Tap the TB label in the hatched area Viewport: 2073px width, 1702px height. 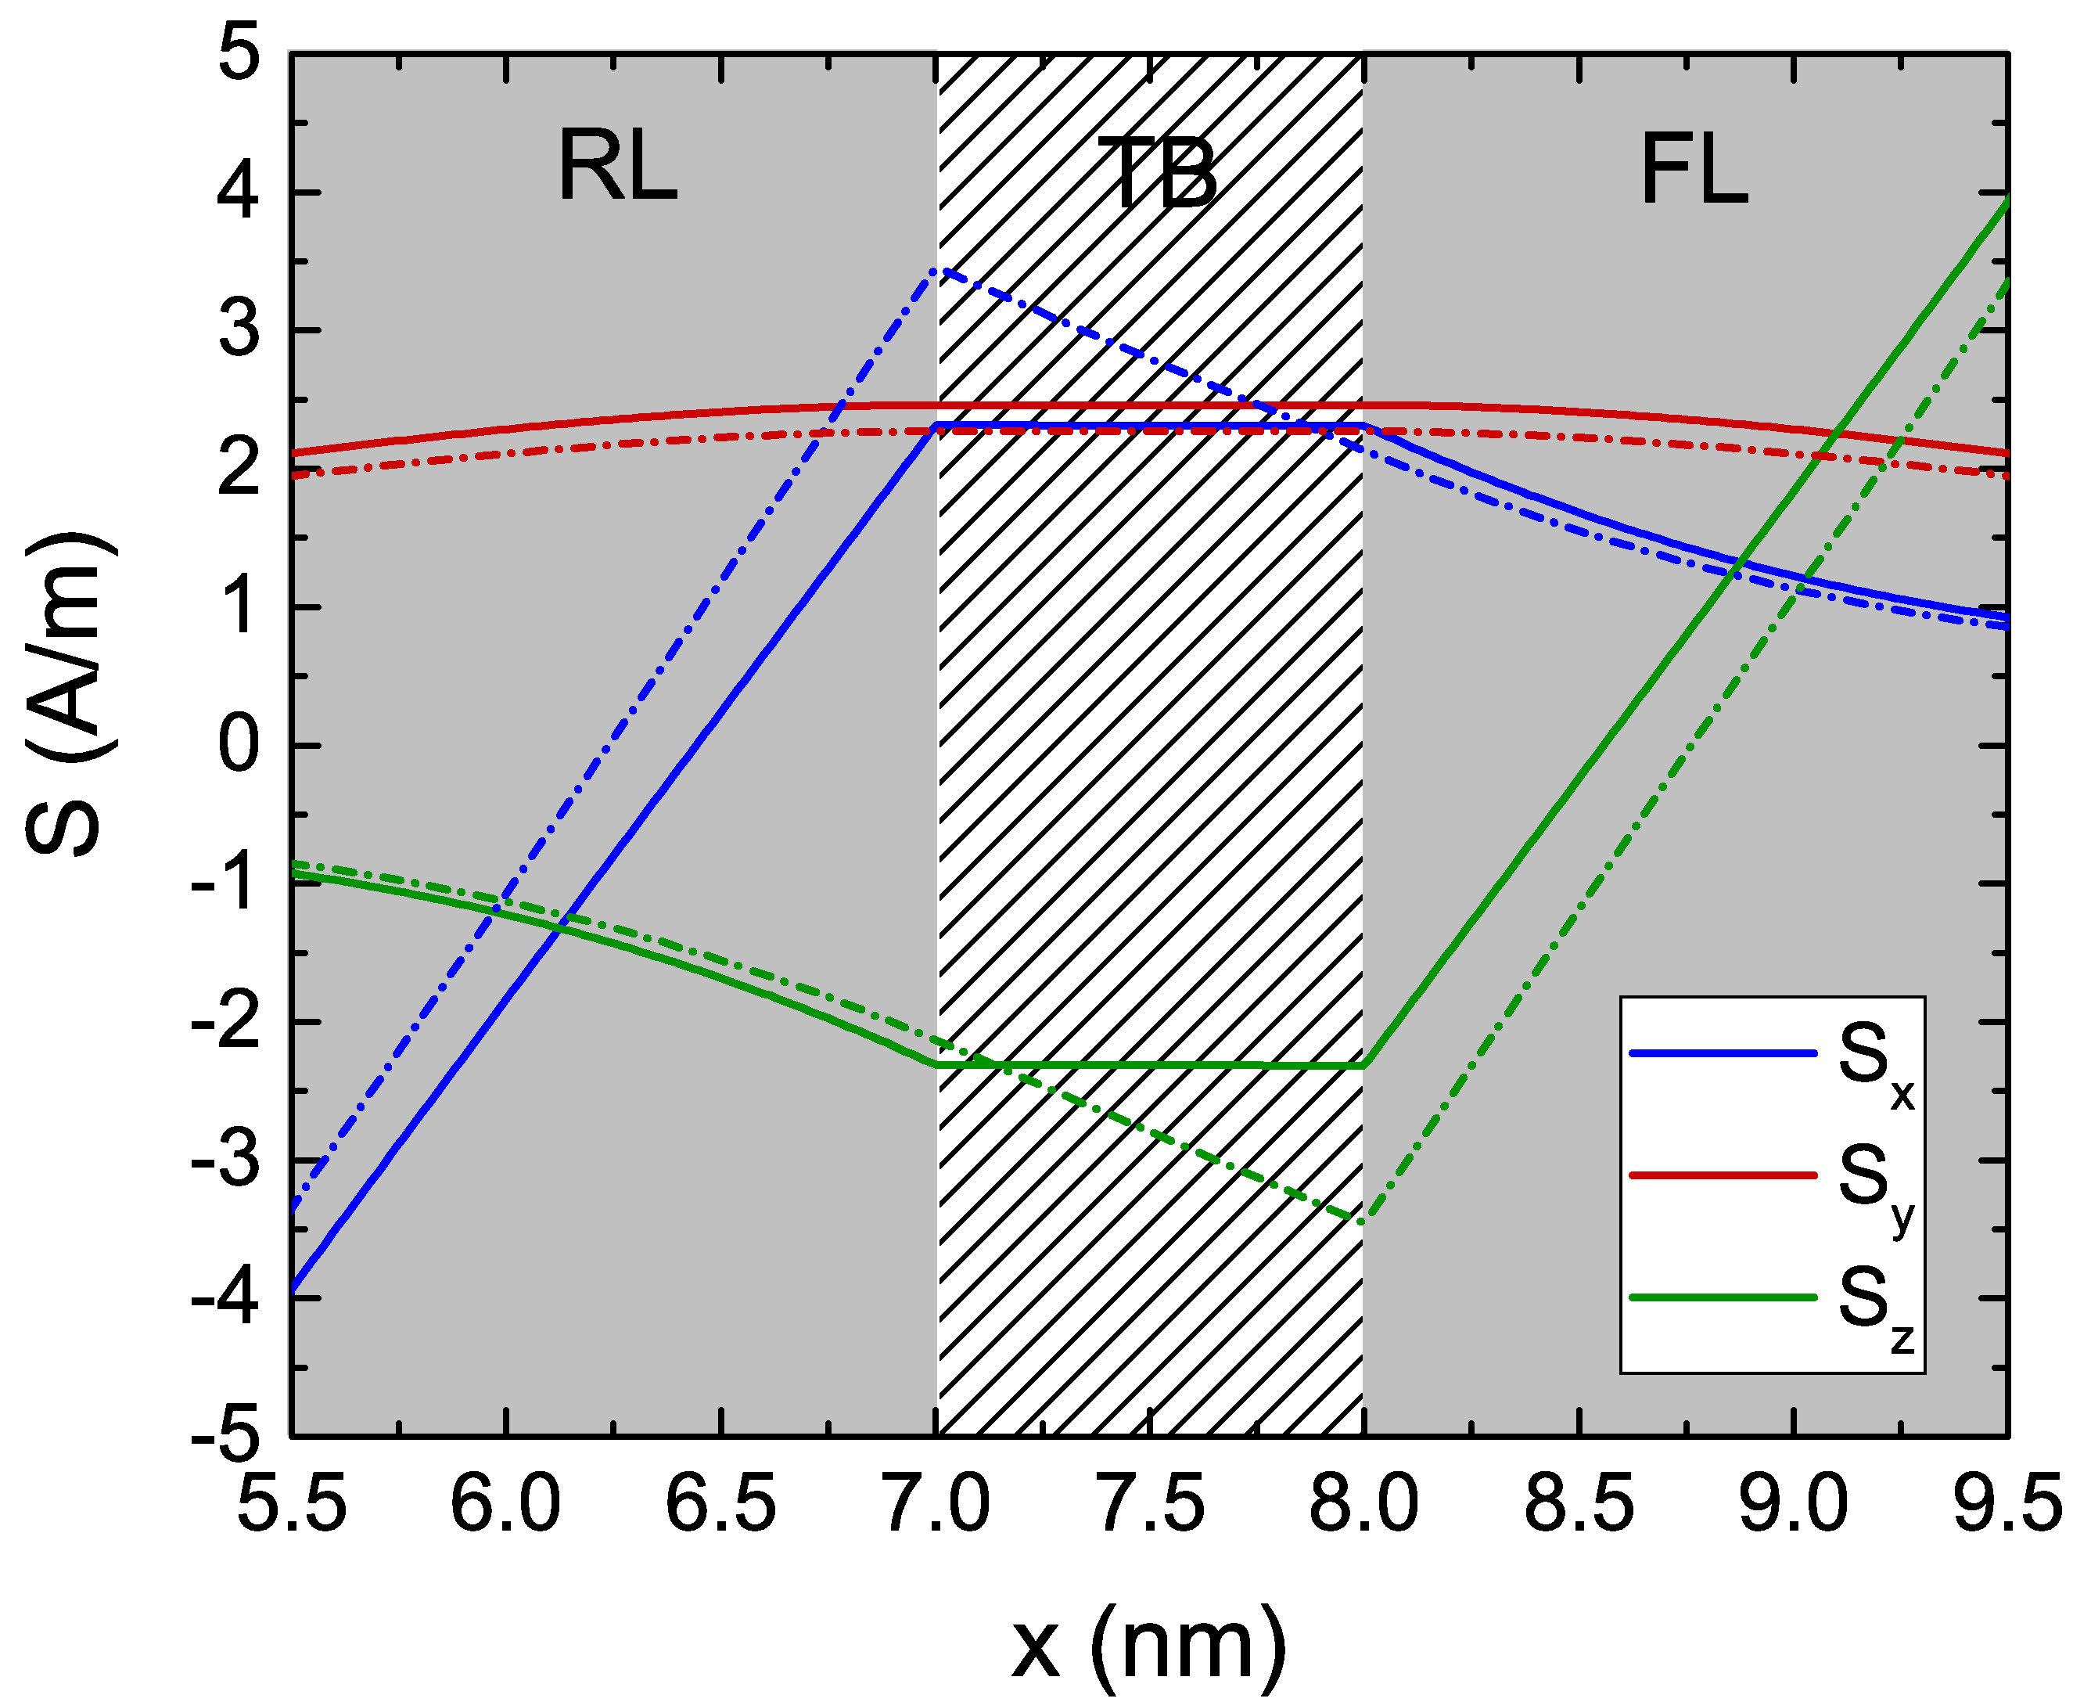point(1156,174)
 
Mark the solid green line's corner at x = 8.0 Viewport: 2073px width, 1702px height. point(1363,1065)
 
